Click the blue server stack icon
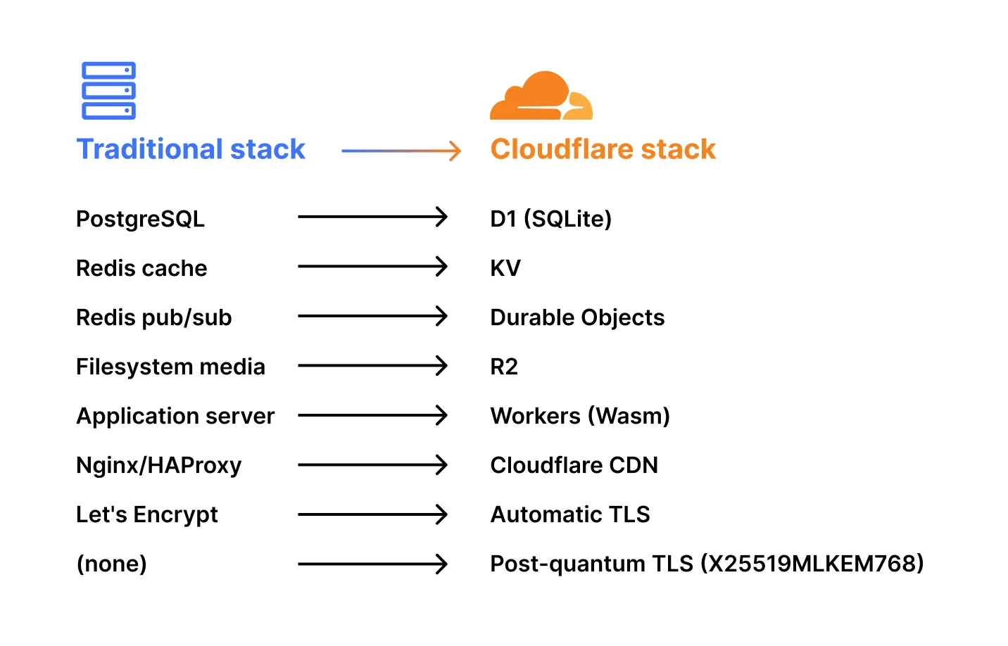[108, 91]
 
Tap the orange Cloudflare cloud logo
[541, 96]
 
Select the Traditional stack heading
[191, 149]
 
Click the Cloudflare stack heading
[603, 149]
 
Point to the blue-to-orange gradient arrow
[401, 151]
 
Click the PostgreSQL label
[140, 219]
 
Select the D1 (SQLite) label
[550, 219]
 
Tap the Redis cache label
[141, 268]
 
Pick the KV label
[505, 268]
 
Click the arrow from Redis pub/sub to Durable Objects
[372, 317]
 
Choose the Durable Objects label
[577, 317]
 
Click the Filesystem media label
[170, 367]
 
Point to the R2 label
[504, 367]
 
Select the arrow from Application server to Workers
[372, 415]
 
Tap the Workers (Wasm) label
[580, 416]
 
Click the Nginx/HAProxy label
[158, 465]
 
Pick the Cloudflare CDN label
[574, 465]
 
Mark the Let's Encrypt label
[146, 514]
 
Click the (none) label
[111, 564]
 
